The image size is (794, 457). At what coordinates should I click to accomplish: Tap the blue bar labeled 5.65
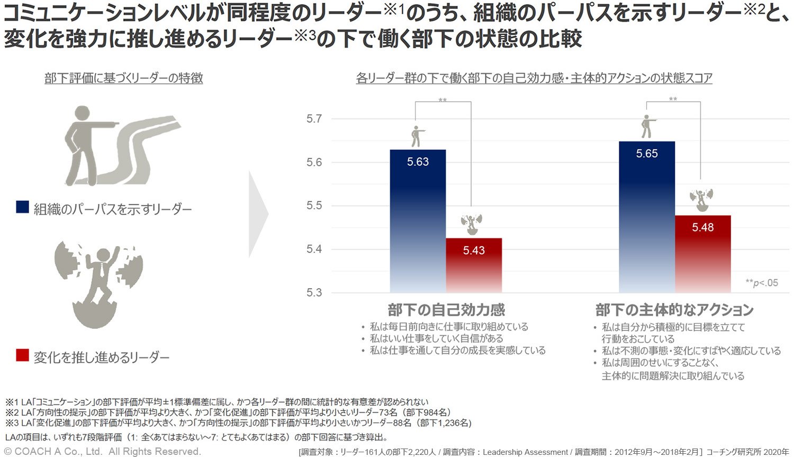click(x=647, y=217)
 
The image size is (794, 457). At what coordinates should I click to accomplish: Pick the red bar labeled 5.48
click(x=702, y=254)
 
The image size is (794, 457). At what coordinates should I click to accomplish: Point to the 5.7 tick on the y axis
click(x=314, y=119)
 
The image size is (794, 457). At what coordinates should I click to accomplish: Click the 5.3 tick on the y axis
click(x=314, y=292)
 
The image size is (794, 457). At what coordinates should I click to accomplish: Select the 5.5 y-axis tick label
click(x=314, y=205)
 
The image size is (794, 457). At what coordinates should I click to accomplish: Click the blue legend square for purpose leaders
click(x=22, y=208)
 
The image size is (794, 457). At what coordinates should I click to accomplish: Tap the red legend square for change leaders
click(x=22, y=356)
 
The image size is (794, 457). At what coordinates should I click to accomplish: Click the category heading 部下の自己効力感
click(x=446, y=310)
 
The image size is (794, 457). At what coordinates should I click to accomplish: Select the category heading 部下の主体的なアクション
click(x=674, y=310)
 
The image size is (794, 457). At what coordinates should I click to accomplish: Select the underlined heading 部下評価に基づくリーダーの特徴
click(x=124, y=78)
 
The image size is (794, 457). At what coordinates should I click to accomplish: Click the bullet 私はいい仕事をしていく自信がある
click(x=436, y=338)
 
